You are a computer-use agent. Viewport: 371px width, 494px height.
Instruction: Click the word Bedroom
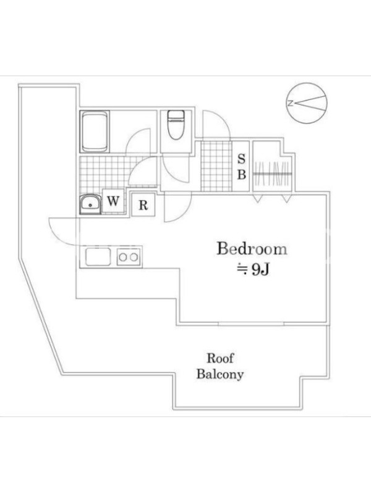(x=252, y=249)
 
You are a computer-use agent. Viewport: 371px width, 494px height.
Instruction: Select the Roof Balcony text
(x=220, y=366)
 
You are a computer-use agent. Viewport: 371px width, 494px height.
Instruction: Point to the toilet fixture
(x=176, y=125)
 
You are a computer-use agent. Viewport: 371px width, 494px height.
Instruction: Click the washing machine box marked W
(x=113, y=201)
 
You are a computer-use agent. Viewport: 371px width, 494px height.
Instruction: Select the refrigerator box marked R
(x=143, y=205)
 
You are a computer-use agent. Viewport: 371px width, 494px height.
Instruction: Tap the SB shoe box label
(x=241, y=166)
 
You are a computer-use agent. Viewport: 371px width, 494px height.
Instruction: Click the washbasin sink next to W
(x=90, y=204)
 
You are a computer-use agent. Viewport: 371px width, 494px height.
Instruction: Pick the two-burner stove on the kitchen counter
(x=129, y=257)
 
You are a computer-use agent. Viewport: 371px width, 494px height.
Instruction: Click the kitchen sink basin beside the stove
(x=98, y=257)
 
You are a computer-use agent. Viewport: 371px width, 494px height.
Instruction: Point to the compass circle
(x=307, y=103)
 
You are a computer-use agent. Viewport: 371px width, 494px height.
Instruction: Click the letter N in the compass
(x=291, y=103)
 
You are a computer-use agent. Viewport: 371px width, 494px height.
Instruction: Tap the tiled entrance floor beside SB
(x=216, y=166)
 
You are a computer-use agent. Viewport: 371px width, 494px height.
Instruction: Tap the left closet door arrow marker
(x=257, y=198)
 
